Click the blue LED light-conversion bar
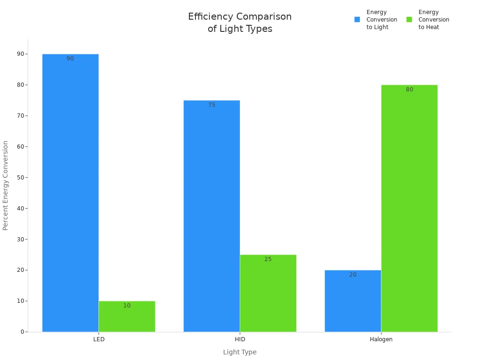(x=70, y=193)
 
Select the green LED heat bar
(x=127, y=319)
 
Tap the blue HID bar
(x=211, y=216)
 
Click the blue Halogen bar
(x=352, y=302)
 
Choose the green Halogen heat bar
(x=409, y=208)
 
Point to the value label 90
(x=70, y=59)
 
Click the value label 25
(x=268, y=259)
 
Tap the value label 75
(x=211, y=105)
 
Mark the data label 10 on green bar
(x=127, y=306)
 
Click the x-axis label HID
(x=240, y=339)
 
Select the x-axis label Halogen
(x=381, y=339)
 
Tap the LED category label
(x=98, y=339)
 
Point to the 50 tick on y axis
(x=20, y=178)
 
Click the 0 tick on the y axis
(x=22, y=332)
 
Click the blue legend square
(x=357, y=20)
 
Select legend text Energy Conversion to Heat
(x=434, y=20)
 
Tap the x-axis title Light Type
(x=240, y=352)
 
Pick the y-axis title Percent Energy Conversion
(x=6, y=185)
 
